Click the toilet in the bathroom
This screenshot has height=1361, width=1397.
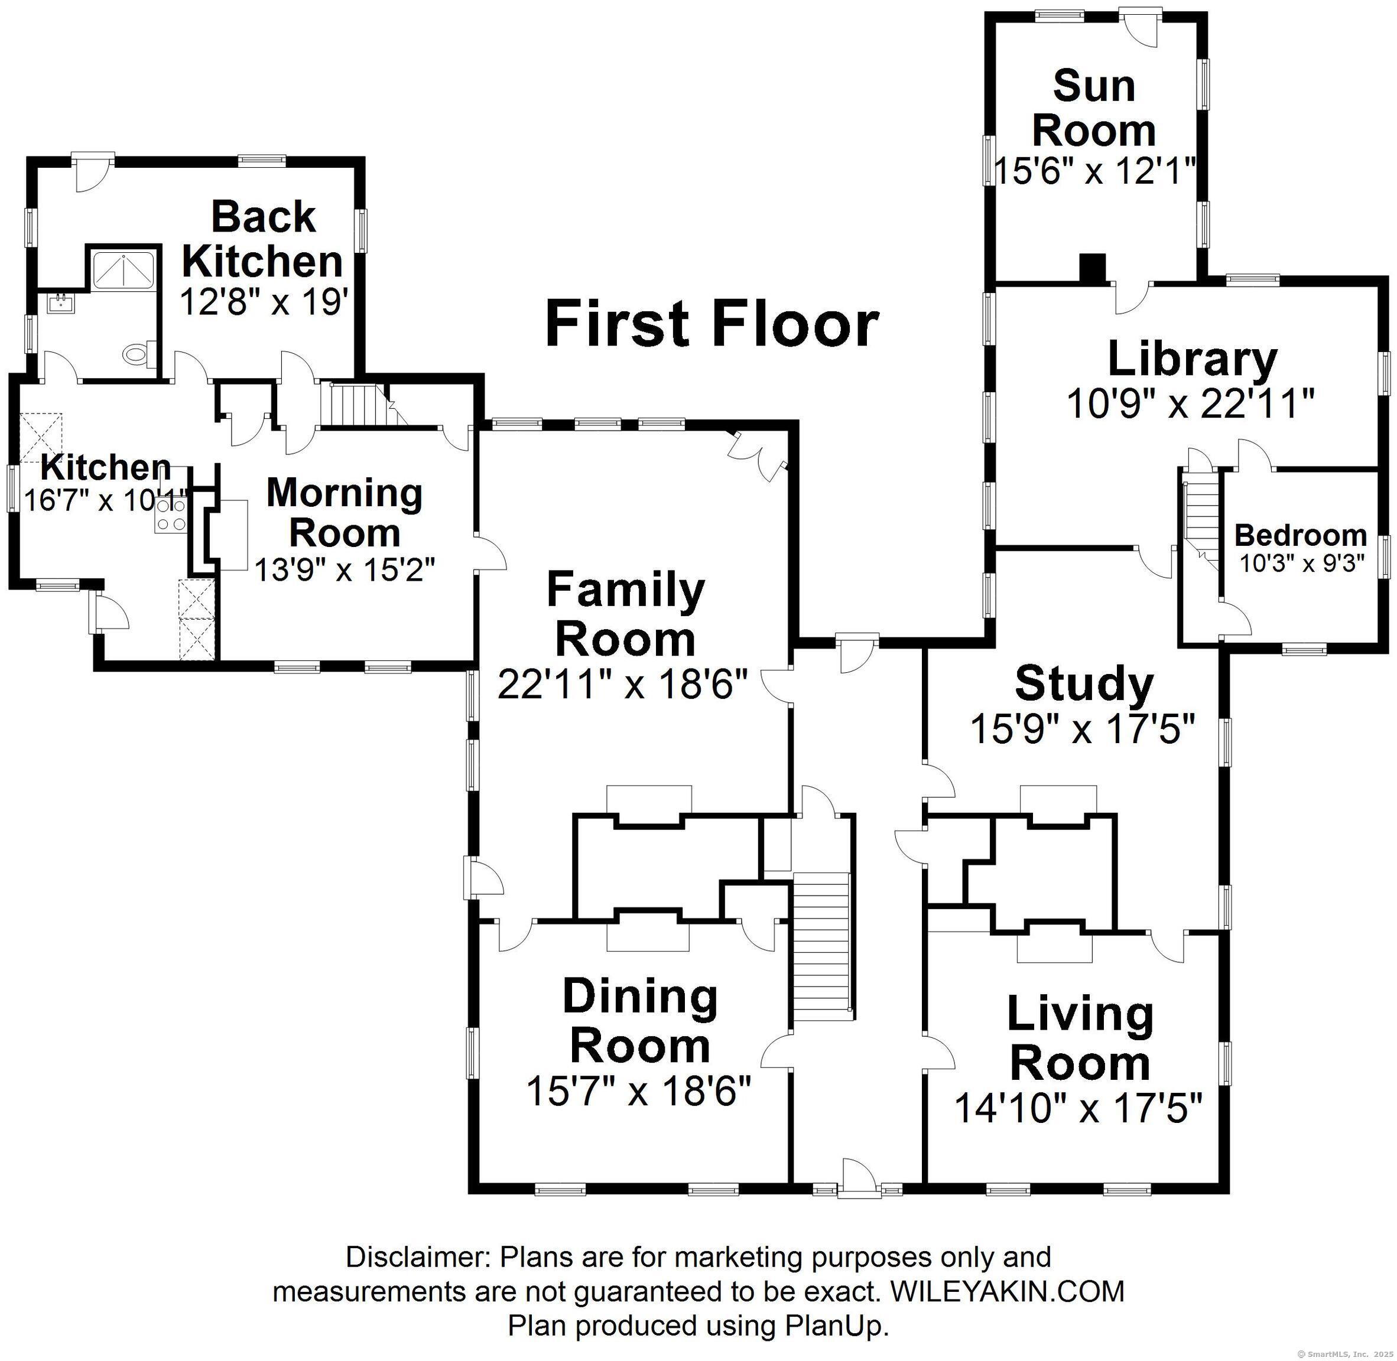(x=138, y=353)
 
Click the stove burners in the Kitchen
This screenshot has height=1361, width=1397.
(x=171, y=515)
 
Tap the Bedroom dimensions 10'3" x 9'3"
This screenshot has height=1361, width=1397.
(x=1302, y=564)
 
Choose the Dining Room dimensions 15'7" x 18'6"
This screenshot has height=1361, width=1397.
(x=639, y=1092)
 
